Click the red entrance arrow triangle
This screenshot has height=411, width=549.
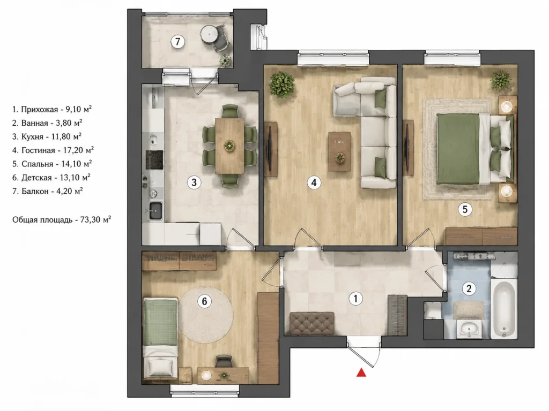pos(361,372)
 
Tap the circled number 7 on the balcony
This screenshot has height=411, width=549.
pos(178,42)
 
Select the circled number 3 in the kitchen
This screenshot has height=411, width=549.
pos(194,182)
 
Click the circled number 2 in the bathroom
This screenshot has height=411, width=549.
pos(469,288)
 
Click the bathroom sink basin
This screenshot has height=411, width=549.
pos(469,329)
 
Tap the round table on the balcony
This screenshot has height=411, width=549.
pos(210,34)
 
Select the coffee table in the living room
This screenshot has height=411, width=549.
pos(339,151)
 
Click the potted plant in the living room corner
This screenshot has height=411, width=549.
pos(281,84)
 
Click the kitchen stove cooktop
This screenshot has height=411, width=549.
pos(154,160)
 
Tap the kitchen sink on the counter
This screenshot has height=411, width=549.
pos(155,210)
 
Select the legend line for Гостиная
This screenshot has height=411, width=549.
pos(53,150)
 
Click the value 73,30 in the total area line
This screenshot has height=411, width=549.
pos(90,220)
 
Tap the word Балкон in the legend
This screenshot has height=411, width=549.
pos(35,191)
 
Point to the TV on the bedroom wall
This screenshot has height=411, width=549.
pos(407,147)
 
